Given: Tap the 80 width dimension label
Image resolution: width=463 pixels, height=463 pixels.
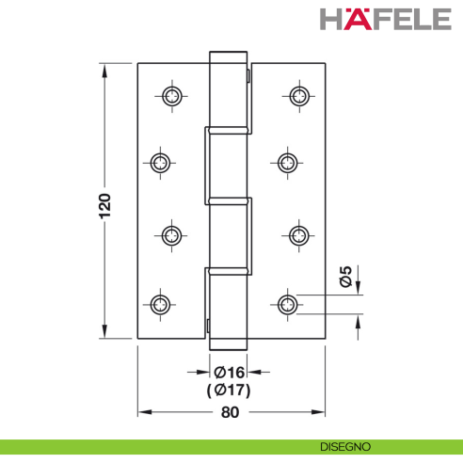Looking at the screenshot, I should [x=230, y=412].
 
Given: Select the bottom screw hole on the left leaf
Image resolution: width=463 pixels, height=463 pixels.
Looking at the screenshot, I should [x=160, y=303].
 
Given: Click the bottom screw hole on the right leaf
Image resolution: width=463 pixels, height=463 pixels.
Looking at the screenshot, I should [x=288, y=303].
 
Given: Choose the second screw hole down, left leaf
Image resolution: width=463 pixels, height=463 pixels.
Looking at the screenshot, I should [x=160, y=164].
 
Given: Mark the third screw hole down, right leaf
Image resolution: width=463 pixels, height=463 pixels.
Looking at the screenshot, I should [x=299, y=234].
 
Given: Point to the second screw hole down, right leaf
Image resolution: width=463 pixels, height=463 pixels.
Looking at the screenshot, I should [x=288, y=164].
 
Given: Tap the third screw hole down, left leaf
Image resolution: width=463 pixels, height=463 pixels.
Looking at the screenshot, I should [x=171, y=234].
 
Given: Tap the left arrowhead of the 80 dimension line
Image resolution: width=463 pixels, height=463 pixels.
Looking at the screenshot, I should [x=143, y=412].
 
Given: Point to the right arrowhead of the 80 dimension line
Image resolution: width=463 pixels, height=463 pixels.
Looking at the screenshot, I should [x=321, y=412].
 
